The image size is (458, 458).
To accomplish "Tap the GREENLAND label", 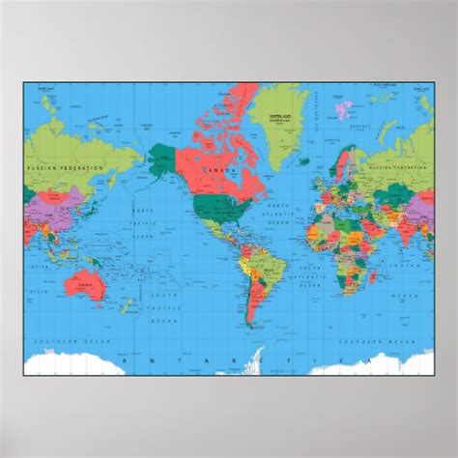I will [287, 110].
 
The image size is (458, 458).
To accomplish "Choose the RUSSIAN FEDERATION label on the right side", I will [405, 165].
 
